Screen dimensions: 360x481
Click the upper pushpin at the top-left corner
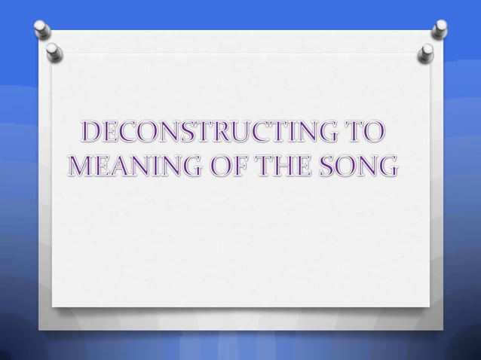[42, 29]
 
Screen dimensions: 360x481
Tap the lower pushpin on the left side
[54, 51]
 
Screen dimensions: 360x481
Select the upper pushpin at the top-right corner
[440, 29]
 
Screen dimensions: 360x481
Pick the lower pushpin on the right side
[426, 52]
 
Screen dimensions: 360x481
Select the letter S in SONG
[327, 165]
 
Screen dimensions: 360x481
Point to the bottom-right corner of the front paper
[429, 307]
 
